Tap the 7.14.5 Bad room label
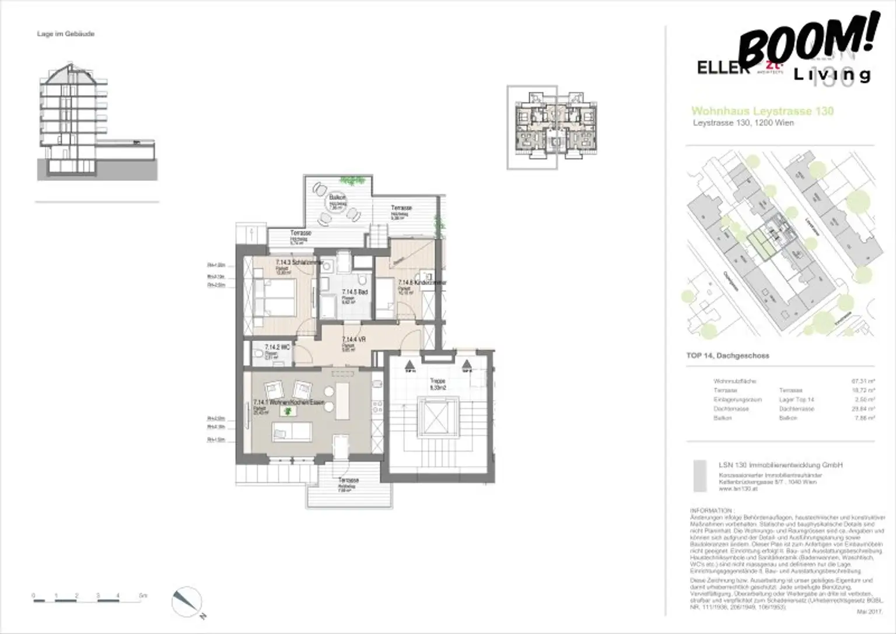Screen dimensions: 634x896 (x=354, y=292)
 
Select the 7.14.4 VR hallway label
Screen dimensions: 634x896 (x=353, y=339)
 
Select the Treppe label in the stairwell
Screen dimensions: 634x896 (x=437, y=381)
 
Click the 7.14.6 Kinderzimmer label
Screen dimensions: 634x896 (x=422, y=282)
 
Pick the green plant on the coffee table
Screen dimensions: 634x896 (x=286, y=412)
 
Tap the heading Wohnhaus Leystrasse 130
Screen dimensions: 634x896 (x=762, y=111)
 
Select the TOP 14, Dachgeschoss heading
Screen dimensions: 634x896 (x=727, y=355)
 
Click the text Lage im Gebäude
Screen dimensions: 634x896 (x=65, y=34)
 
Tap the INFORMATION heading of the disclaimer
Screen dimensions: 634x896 (x=710, y=509)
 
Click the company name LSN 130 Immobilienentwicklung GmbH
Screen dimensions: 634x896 (x=780, y=465)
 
